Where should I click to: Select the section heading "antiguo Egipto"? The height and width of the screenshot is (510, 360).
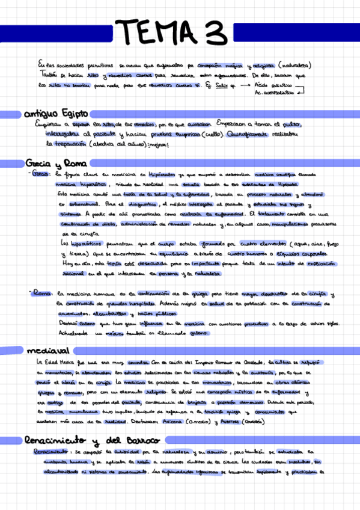56,113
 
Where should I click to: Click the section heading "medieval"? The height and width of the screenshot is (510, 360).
47,349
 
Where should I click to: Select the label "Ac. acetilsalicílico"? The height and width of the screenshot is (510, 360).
276,94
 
